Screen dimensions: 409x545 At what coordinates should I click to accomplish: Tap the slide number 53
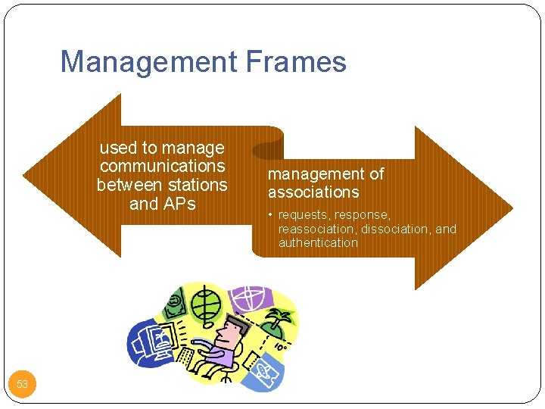[22, 384]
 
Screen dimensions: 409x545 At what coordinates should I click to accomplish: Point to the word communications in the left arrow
[162, 166]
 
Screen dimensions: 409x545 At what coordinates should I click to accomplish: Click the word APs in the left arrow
[179, 204]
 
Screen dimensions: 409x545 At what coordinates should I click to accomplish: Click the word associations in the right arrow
[313, 192]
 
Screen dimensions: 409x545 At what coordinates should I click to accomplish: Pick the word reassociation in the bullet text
[317, 229]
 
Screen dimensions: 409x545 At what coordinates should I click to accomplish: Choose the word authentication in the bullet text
[318, 242]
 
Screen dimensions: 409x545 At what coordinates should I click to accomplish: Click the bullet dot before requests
[271, 215]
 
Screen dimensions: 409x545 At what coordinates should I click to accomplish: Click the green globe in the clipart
[204, 304]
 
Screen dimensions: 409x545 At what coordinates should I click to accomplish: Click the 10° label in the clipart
[279, 347]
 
